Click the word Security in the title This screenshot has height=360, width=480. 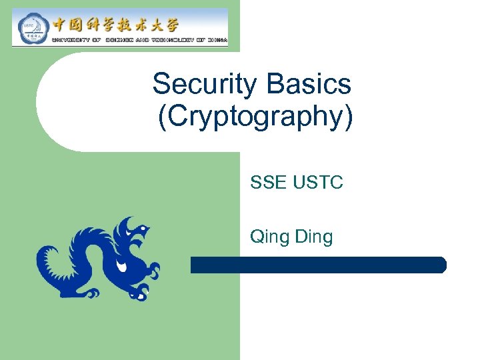205,85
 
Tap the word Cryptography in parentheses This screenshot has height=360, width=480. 256,117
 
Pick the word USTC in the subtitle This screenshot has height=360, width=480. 318,182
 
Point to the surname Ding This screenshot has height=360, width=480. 312,237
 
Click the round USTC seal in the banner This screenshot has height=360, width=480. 29,28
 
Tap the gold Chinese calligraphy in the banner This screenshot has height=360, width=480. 116,25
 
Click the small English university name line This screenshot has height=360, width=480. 139,41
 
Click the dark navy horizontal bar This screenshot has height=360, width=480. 318,265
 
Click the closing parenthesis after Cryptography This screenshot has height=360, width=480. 349,117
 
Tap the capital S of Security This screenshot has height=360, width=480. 161,85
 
